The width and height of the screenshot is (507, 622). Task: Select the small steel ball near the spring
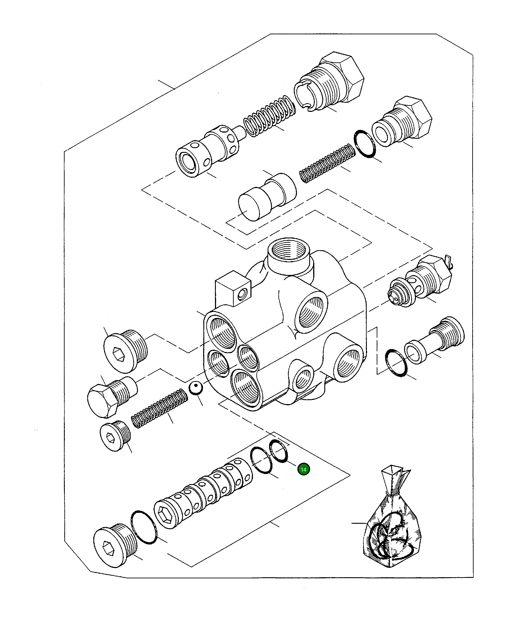click(x=195, y=388)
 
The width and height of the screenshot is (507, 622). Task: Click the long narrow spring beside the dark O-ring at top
click(x=327, y=163)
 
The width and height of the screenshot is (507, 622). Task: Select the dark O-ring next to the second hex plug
click(x=365, y=144)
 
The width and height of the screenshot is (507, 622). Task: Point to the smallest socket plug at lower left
click(x=115, y=436)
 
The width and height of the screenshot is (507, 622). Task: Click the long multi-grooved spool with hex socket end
click(x=204, y=493)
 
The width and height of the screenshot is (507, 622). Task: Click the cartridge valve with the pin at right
click(x=421, y=282)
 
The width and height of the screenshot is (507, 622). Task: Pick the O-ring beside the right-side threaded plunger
click(x=396, y=363)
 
